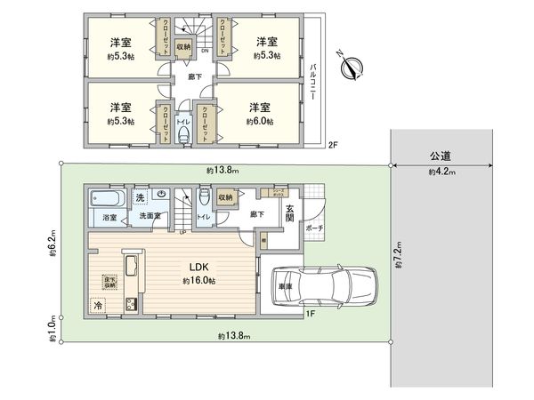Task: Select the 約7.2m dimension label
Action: pos(397,255)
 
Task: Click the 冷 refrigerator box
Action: pos(97,304)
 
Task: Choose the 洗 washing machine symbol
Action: pos(140,196)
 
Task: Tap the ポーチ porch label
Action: pos(314,227)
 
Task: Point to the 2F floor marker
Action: pos(332,145)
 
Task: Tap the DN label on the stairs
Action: pos(206,51)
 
